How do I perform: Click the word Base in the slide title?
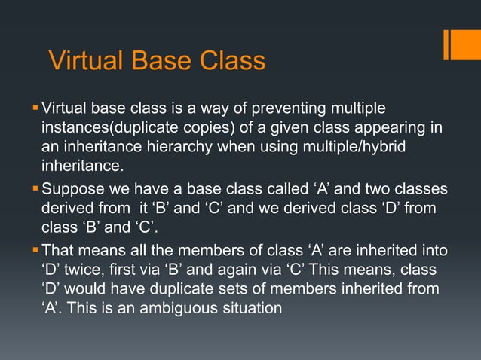(155, 60)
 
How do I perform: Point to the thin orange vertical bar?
(446, 44)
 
